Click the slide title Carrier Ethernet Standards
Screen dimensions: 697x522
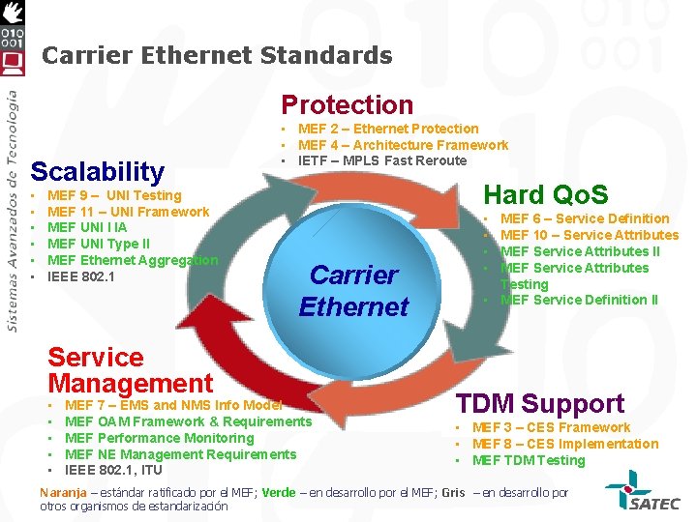tap(217, 55)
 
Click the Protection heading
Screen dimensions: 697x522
tap(347, 104)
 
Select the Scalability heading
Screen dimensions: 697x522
tap(98, 172)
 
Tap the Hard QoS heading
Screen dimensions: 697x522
tap(546, 193)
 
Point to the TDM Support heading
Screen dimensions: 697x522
tap(540, 403)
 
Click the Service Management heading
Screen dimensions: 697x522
tap(130, 370)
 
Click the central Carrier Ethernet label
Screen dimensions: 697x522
tap(353, 291)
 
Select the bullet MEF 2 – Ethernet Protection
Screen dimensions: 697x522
tap(388, 129)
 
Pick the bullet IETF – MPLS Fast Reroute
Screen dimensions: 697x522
tap(382, 160)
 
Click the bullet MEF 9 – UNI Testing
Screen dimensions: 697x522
tap(114, 195)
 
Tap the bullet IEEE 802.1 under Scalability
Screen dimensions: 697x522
tap(81, 277)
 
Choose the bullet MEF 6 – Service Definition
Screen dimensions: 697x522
tap(585, 218)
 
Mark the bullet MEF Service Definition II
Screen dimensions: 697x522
tap(579, 300)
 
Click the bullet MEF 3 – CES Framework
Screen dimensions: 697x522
tap(551, 427)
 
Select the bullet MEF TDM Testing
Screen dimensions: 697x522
tap(529, 460)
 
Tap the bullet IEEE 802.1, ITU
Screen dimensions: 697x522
tap(113, 471)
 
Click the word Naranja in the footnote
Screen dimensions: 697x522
tap(63, 492)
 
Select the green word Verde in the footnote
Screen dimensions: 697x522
tap(279, 492)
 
